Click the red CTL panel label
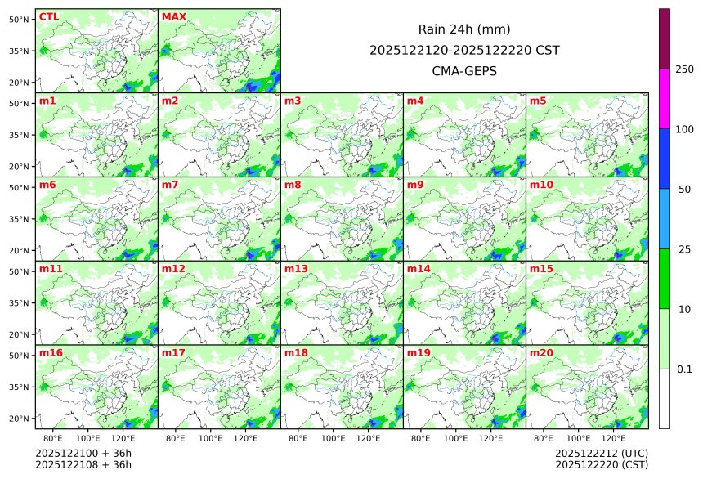click(49, 17)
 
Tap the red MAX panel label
click(174, 17)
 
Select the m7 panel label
click(170, 186)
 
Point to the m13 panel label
click(296, 269)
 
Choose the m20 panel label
click(541, 353)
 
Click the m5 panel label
click(538, 101)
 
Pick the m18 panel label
click(296, 353)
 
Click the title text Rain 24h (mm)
click(464, 29)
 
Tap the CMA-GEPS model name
click(464, 70)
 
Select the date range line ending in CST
click(464, 50)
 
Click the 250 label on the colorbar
click(685, 69)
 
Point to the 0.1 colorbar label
click(685, 369)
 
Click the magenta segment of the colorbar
click(665, 98)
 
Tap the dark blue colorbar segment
click(665, 159)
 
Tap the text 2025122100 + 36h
click(83, 453)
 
